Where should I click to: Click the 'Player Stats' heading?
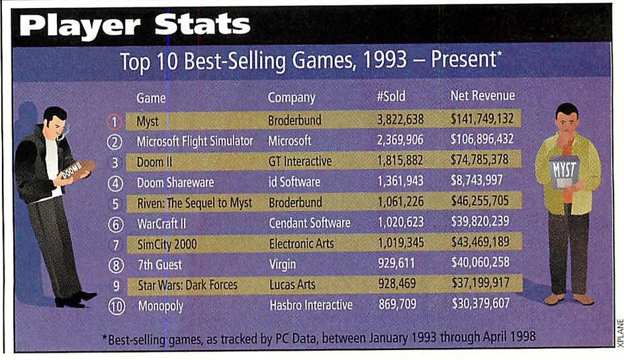pos(134,25)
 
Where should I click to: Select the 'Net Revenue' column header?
pos(482,95)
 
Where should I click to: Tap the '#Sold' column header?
pos(391,96)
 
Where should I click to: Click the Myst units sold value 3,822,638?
pos(400,119)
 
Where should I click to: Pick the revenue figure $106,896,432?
pos(482,139)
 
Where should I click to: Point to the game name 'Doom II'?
pos(154,162)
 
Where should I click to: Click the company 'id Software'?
pos(294,182)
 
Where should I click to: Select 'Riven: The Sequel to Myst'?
pos(195,203)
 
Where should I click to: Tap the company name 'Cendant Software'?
pos(310,223)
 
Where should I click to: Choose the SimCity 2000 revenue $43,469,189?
pos(480,242)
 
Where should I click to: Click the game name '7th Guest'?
pos(159,265)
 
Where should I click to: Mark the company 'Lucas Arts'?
pos(292,285)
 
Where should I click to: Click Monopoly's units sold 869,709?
pos(397,304)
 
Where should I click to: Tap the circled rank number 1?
pos(114,121)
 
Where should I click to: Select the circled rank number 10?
pos(116,306)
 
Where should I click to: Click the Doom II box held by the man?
pos(77,170)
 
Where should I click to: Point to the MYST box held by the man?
pos(564,171)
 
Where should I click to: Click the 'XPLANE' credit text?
pos(620,334)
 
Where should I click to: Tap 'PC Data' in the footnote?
pos(296,339)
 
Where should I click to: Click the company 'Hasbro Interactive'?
pos(311,305)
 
